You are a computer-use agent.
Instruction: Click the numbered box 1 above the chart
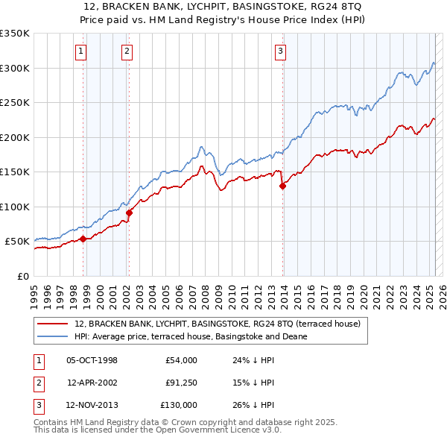pos(80,51)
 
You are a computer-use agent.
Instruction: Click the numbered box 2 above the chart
pos(127,51)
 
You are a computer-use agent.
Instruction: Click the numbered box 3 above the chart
pos(280,51)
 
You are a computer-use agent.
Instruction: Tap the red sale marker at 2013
pos(283,186)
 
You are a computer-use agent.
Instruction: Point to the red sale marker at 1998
pos(83,239)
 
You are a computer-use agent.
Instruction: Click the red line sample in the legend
pos(53,324)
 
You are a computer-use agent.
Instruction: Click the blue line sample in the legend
pos(53,336)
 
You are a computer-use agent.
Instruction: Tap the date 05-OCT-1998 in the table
pos(92,361)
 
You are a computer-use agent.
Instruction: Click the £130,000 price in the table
pos(179,405)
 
